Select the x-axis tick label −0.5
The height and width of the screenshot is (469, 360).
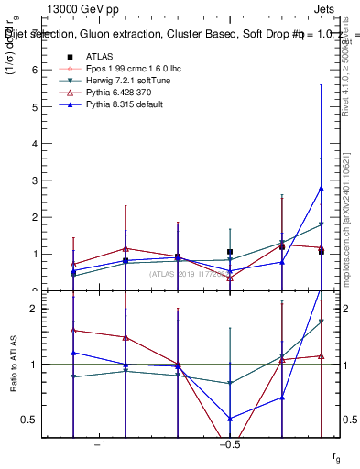pyautogui.click(x=229, y=444)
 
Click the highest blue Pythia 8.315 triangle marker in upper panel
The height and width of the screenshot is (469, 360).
pyautogui.click(x=321, y=188)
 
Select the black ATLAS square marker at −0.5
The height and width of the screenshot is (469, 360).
pyautogui.click(x=230, y=252)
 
